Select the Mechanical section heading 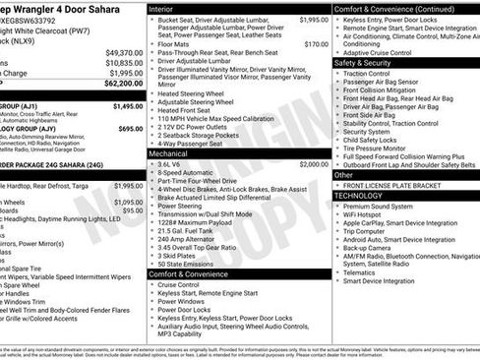[x=169, y=153]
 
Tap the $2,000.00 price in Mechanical [x=314, y=164]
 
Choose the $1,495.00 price [x=128, y=105]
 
